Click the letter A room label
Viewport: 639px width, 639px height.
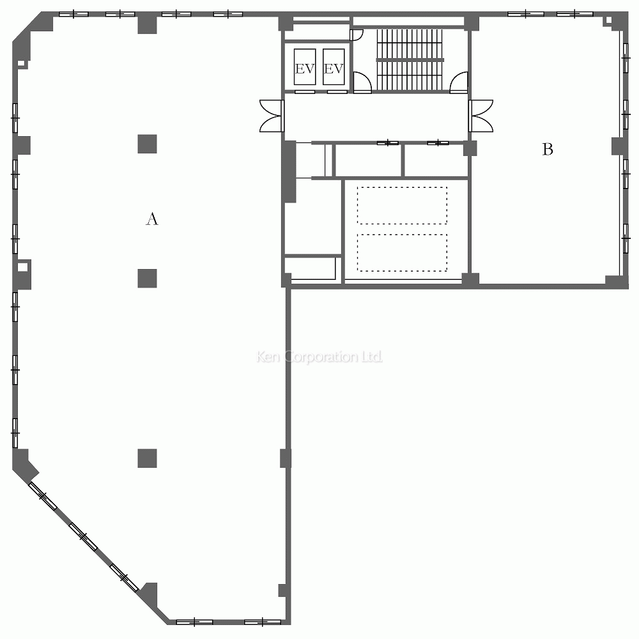pyautogui.click(x=152, y=219)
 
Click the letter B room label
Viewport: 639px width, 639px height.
pyautogui.click(x=548, y=150)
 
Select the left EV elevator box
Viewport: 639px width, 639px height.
pyautogui.click(x=305, y=67)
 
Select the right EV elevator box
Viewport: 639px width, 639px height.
pyautogui.click(x=334, y=67)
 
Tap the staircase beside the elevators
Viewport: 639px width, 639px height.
pyautogui.click(x=410, y=59)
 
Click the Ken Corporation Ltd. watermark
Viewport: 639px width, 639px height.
pyautogui.click(x=319, y=357)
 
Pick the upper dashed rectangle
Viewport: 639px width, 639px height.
pyautogui.click(x=402, y=205)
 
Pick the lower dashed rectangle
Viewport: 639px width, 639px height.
pyautogui.click(x=402, y=252)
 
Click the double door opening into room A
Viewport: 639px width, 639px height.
pyautogui.click(x=272, y=116)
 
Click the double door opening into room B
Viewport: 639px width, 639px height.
pyautogui.click(x=481, y=116)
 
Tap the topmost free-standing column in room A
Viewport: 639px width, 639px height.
pyautogui.click(x=147, y=144)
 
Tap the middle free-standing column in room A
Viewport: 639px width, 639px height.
pyautogui.click(x=147, y=279)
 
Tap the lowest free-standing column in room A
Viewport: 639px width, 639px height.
pyautogui.click(x=147, y=458)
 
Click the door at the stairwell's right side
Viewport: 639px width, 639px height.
pyautogui.click(x=459, y=82)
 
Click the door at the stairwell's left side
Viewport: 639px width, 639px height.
pyautogui.click(x=362, y=82)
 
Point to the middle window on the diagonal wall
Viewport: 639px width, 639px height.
pyautogui.click(x=83, y=537)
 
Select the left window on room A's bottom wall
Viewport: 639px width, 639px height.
pyautogui.click(x=194, y=622)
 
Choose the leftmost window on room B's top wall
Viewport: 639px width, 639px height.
pyautogui.click(x=526, y=14)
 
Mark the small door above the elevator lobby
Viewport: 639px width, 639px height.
pyautogui.click(x=356, y=35)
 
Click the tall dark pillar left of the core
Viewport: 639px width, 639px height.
pyautogui.click(x=289, y=171)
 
